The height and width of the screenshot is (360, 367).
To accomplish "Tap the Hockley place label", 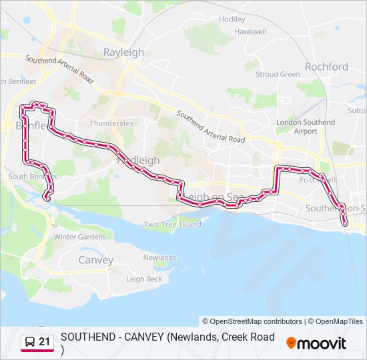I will [x=232, y=19].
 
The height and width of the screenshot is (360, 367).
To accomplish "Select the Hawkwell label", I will [x=250, y=31].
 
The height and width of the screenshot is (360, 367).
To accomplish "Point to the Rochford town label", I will [x=326, y=67].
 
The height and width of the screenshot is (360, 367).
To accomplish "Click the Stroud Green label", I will [x=278, y=75].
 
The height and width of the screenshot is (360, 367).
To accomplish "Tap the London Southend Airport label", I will [x=306, y=127].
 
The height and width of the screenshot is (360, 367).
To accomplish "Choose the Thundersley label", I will [x=107, y=123].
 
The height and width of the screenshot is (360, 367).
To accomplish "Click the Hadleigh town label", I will [x=138, y=161].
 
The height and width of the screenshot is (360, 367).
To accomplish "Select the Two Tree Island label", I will [x=172, y=224].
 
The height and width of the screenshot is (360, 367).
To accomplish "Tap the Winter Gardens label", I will [x=79, y=237].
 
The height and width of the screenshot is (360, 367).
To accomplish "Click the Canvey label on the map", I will [x=95, y=260].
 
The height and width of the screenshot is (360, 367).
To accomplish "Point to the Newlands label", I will [x=159, y=257].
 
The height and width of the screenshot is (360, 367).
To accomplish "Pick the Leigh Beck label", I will [x=144, y=279].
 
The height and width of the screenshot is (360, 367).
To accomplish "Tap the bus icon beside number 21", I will [x=30, y=342].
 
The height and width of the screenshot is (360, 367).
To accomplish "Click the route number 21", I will [x=45, y=342].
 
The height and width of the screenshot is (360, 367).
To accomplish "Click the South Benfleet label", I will [x=32, y=177].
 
